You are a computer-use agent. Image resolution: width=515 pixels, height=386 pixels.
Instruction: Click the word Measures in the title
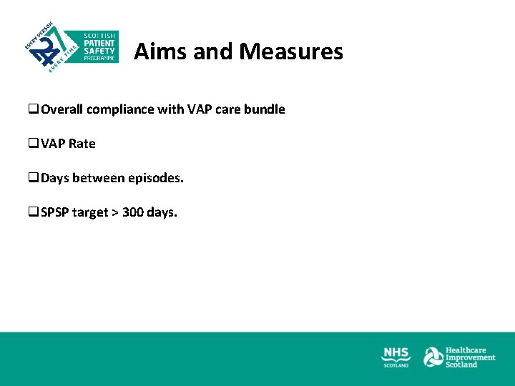[x=291, y=51]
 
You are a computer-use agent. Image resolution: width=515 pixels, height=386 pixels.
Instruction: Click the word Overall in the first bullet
[x=62, y=109]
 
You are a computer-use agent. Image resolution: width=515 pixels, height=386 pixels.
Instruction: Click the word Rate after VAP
[x=82, y=144]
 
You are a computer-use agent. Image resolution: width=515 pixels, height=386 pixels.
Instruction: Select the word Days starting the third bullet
[x=55, y=177]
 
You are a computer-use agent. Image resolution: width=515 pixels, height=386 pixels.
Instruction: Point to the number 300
[x=133, y=212]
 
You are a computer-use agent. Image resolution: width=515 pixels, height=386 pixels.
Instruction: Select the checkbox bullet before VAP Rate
[x=33, y=144]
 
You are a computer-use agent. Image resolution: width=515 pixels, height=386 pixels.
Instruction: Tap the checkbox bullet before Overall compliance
[x=33, y=109]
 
